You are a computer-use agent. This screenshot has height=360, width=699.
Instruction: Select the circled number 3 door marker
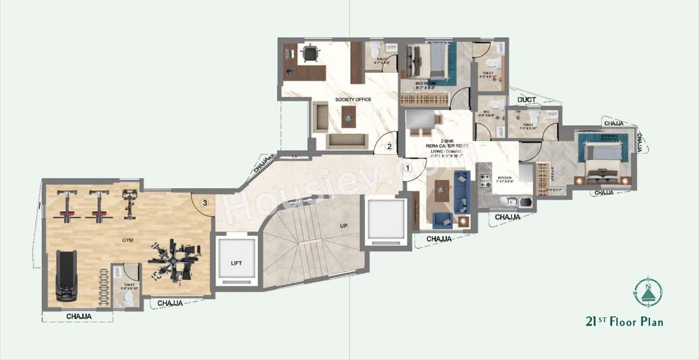204,203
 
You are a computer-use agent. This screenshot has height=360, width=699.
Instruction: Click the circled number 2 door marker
389,146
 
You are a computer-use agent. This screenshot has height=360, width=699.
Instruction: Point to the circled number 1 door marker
408,168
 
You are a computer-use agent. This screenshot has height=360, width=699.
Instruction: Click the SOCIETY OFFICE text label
353,99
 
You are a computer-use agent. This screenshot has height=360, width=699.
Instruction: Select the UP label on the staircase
343,225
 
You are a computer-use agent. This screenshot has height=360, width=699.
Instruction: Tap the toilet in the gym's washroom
128,298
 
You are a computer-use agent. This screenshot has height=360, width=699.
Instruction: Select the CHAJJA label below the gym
79,316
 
